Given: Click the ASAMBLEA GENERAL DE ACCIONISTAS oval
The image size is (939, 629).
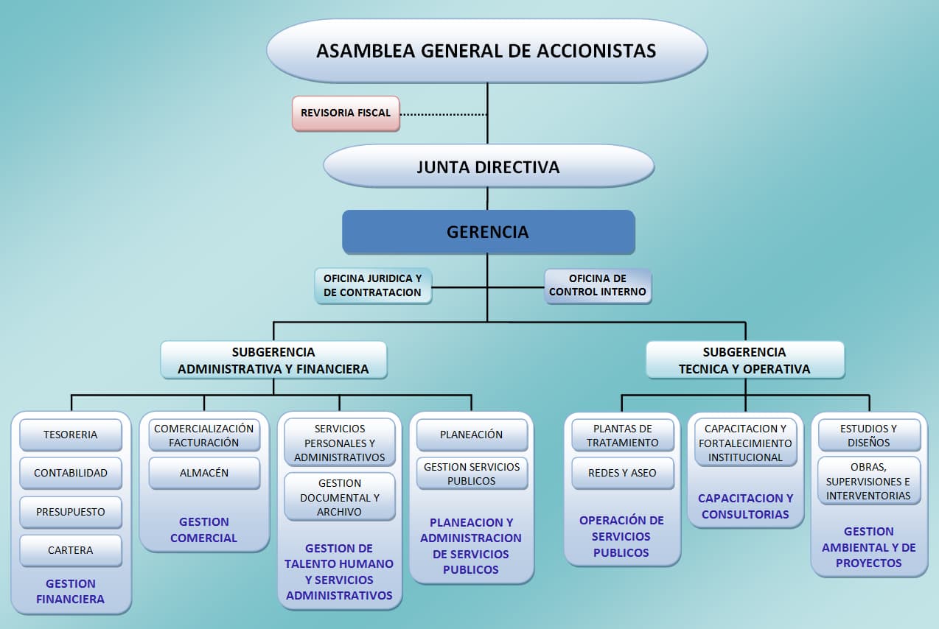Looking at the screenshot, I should tap(486, 51).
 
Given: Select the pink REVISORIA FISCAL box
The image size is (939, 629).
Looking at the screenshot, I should tap(346, 113).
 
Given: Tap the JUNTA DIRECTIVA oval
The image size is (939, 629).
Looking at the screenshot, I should tap(488, 166).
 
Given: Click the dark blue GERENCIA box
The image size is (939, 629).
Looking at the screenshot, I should tap(488, 232).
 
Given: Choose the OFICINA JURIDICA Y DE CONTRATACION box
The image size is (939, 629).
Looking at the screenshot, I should tap(373, 286).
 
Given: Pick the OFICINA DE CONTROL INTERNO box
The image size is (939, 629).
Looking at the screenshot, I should tap(598, 286).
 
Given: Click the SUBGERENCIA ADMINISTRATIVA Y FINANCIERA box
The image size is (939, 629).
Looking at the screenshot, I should tap(273, 360).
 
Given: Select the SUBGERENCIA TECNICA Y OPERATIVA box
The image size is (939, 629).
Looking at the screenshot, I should tap(744, 360).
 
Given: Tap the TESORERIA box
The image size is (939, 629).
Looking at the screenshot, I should tap(71, 435).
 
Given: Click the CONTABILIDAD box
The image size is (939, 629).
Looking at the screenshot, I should tap(71, 473).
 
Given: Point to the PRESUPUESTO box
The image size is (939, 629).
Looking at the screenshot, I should tap(71, 512).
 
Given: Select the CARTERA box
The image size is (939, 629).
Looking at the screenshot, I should tap(71, 550).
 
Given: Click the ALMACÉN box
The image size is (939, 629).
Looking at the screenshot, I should tap(204, 473).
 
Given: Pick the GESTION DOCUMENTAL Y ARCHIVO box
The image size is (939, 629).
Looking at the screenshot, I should tap(340, 497).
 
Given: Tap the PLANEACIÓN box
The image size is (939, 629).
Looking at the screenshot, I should tap(472, 435).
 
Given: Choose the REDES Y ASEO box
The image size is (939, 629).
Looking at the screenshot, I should tap(622, 473).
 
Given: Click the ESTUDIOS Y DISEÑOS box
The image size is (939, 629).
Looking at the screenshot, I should tap(869, 435).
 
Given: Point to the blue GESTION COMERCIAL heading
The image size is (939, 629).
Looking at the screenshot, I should tap(204, 530).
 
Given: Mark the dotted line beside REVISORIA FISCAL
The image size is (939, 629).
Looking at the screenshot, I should tap(443, 114).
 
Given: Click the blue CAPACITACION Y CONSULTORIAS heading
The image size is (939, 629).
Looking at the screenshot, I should tap(745, 506).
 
